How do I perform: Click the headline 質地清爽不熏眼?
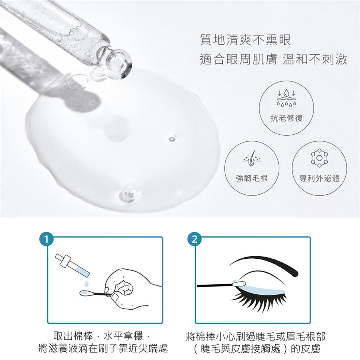(x=245, y=40)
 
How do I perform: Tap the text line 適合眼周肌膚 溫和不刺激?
(x=273, y=59)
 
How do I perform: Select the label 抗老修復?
(x=286, y=118)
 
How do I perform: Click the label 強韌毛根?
(x=252, y=178)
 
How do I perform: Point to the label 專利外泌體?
(x=319, y=178)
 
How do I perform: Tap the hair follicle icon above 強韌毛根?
(x=252, y=158)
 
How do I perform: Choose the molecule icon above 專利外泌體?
(x=319, y=158)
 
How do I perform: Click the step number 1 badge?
(x=46, y=239)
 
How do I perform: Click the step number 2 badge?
(x=195, y=239)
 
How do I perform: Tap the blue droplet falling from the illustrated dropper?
(x=86, y=284)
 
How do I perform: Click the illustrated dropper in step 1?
(x=72, y=265)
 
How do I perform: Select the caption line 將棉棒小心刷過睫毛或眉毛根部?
(x=255, y=336)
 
